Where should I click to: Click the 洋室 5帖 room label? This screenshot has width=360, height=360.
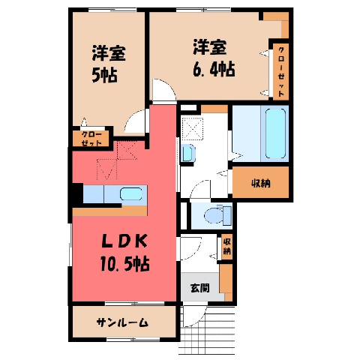[x=109, y=64]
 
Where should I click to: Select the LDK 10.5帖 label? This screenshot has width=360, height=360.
[x=124, y=253]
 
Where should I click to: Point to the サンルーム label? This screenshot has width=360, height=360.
[x=122, y=322]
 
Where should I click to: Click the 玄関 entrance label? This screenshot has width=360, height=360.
[x=200, y=288]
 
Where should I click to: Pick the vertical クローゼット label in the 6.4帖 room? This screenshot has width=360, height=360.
[x=281, y=72]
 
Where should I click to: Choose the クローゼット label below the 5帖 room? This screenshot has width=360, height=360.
[x=91, y=139]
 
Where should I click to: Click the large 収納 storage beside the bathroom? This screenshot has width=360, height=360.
[x=261, y=184]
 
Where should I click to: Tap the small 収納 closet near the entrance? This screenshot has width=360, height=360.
[x=226, y=247]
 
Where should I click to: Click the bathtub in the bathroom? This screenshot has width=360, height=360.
[x=275, y=133]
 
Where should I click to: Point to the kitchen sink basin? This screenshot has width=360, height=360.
[x=131, y=194]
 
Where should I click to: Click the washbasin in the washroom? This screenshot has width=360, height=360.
[x=187, y=153]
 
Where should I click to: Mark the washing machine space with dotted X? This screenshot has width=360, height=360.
[x=192, y=128]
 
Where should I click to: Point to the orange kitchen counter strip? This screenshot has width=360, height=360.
[x=109, y=211]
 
